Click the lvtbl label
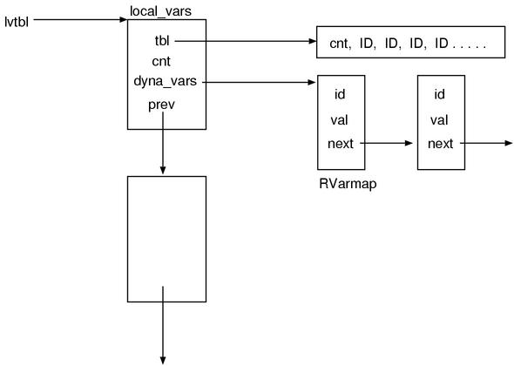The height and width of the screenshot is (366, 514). pos(17,15)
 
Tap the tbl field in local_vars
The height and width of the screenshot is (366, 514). pos(162,40)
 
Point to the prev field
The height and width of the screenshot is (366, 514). pos(162,105)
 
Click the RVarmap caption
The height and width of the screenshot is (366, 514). pos(342,185)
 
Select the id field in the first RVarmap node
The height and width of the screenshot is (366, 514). pos(342,94)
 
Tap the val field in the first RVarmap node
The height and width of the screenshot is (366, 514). pos(342,119)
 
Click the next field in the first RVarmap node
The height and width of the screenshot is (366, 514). pos(342,143)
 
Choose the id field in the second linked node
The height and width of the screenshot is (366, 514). pos(440,94)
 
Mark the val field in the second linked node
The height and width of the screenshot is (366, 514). pos(440,119)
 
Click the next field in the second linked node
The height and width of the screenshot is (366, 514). pos(440,143)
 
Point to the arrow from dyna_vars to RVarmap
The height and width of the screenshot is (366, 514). pos(261,83)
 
